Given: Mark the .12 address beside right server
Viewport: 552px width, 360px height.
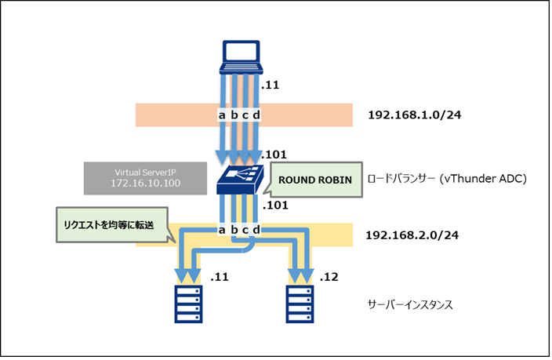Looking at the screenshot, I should pyautogui.click(x=329, y=277).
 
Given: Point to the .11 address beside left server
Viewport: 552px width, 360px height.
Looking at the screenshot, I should pyautogui.click(x=220, y=277).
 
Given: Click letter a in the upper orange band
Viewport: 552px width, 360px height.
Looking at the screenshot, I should pyautogui.click(x=222, y=115).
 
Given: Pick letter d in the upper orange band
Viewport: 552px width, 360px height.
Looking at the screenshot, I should pyautogui.click(x=256, y=115).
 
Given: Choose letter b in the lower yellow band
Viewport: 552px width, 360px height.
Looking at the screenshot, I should pyautogui.click(x=234, y=230).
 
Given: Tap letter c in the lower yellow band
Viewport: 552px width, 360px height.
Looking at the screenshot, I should pyautogui.click(x=245, y=230).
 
